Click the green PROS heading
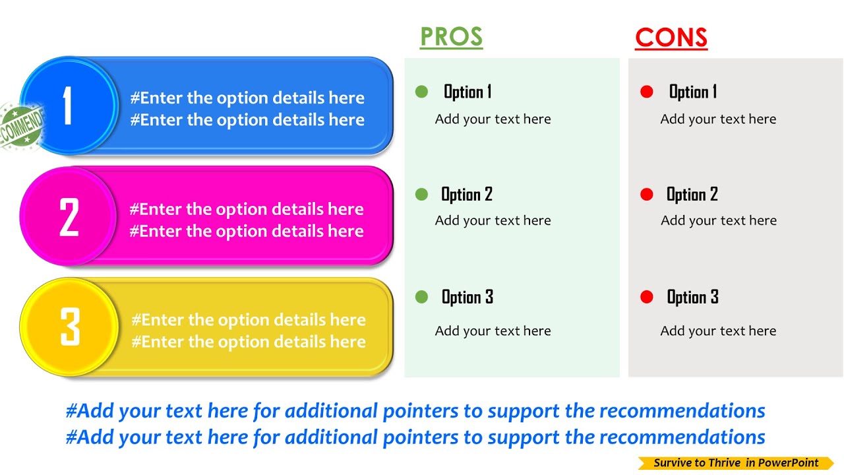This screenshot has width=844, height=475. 451,37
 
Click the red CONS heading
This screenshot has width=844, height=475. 671,38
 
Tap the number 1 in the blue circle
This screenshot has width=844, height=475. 67,106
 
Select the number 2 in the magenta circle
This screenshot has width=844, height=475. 69,217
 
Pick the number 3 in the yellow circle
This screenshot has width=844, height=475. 69,327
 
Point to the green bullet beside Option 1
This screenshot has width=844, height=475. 422,92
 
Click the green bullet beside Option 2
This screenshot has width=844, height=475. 422,194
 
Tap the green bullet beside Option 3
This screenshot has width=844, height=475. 422,297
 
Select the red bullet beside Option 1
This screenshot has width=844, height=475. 647,92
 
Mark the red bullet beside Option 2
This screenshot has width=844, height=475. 647,194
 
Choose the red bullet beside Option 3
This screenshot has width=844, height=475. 647,297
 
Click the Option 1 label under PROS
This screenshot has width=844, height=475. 467,92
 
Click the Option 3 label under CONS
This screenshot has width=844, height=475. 692,297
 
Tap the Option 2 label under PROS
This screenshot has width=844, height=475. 467,194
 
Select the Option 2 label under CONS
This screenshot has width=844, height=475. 692,194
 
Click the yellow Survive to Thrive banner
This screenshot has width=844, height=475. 736,463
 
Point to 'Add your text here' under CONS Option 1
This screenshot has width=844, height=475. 718,119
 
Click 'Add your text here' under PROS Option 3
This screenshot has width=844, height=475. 493,331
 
